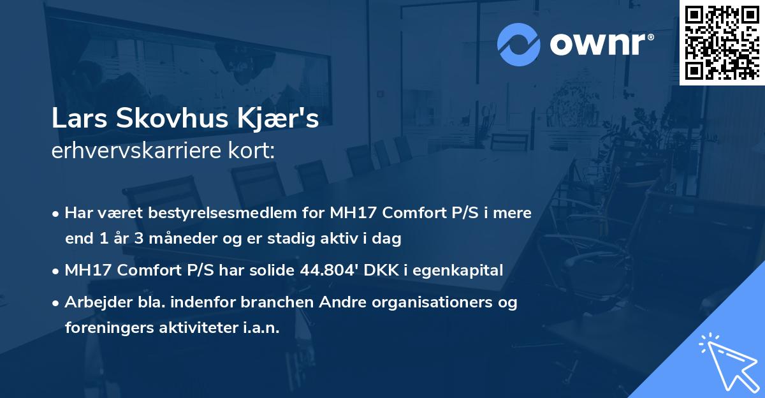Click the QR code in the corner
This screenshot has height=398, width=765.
point(722,42)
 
